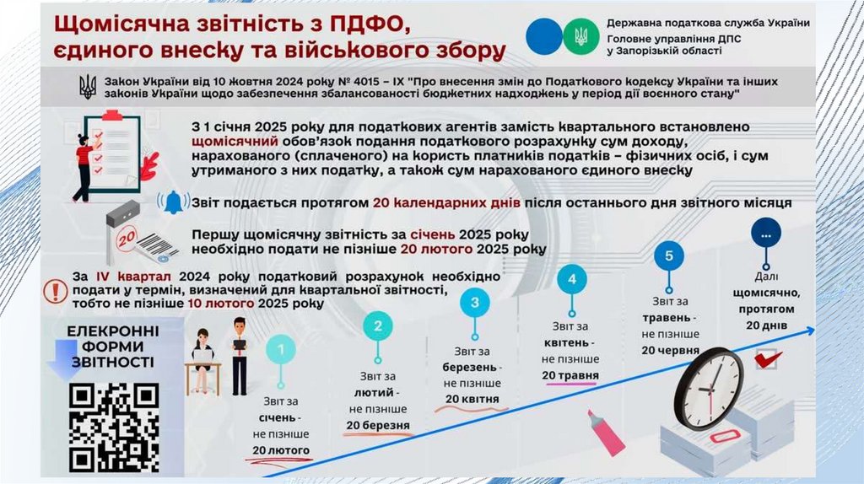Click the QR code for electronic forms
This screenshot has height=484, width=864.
click(x=113, y=427)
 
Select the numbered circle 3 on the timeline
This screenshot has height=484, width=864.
click(x=475, y=302)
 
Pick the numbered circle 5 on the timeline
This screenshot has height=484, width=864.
click(x=669, y=255)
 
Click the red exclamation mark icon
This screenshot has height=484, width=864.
click(x=57, y=291)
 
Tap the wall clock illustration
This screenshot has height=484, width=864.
click(x=710, y=389)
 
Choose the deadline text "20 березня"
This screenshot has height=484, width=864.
click(x=377, y=425)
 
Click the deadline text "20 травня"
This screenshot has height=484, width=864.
click(x=570, y=374)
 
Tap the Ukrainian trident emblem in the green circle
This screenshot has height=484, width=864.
click(x=580, y=35)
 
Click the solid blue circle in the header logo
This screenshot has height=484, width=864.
click(x=543, y=35)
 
